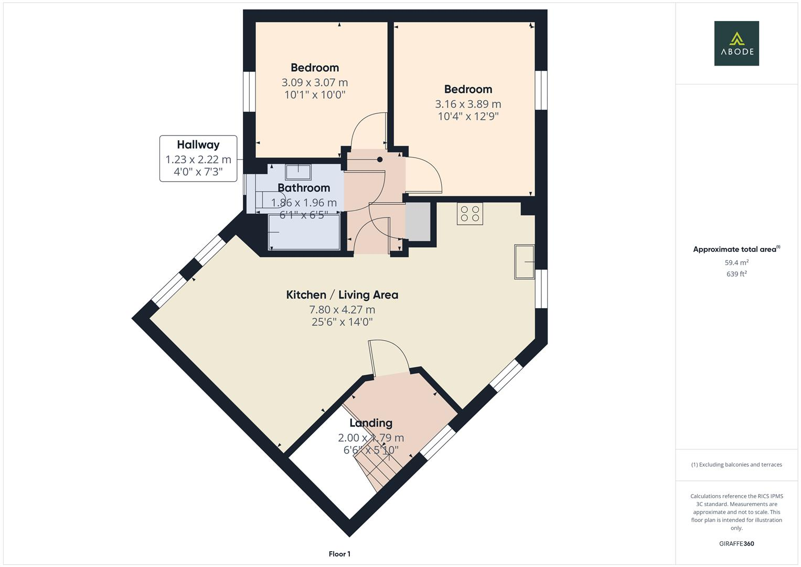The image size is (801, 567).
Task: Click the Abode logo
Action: tap(736, 44)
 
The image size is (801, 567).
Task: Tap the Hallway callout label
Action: tap(198, 158)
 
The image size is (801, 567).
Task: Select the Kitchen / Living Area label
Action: tap(342, 295)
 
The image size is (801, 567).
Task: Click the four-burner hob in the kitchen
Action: tap(469, 214)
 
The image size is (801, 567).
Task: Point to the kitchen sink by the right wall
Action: tap(524, 261)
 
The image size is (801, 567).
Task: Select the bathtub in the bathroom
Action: tap(304, 232)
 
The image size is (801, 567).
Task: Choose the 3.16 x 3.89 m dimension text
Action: tap(468, 104)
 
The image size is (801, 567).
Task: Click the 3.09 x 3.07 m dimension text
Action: tap(315, 82)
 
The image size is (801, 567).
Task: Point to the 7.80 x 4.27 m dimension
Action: tap(342, 310)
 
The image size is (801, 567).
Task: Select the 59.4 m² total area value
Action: tap(736, 262)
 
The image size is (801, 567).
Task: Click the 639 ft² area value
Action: tap(736, 274)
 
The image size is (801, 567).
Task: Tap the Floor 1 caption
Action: tap(339, 554)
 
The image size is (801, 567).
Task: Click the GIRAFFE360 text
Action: tap(736, 543)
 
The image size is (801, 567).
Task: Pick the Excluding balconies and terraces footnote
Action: tap(736, 465)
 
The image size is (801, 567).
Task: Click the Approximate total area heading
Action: tap(736, 249)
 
